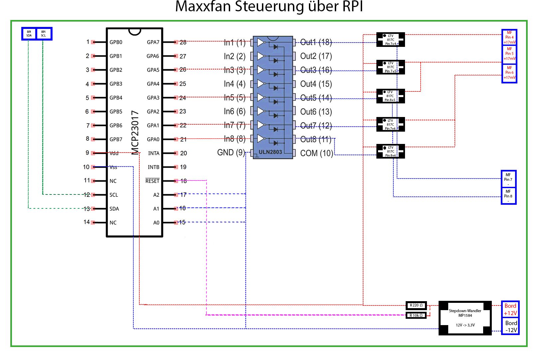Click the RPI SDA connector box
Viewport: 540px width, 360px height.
coord(29,34)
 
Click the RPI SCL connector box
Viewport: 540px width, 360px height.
coord(44,34)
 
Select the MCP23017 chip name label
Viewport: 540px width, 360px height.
coord(135,133)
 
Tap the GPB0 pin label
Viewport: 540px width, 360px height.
coord(116,42)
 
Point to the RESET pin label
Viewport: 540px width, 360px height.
coord(152,181)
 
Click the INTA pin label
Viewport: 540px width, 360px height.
coord(154,153)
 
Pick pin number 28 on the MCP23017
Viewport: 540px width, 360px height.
coord(183,42)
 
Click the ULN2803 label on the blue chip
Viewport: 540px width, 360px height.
coord(270,152)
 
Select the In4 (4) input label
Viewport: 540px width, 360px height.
coord(234,84)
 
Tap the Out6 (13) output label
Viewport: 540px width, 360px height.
coord(316,112)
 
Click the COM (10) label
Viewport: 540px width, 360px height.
coord(316,153)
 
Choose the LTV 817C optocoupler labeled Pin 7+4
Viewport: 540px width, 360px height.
coord(390,40)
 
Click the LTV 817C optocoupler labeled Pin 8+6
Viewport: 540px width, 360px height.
coord(390,151)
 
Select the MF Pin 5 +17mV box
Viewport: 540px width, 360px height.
coord(509,54)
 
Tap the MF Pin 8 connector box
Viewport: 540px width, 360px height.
coord(508,196)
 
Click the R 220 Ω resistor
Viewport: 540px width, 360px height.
coord(416,305)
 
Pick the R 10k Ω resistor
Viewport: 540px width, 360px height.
coord(416,315)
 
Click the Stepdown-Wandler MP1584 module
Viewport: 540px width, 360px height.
coord(465,318)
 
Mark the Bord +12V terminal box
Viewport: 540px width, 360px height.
coord(510,309)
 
